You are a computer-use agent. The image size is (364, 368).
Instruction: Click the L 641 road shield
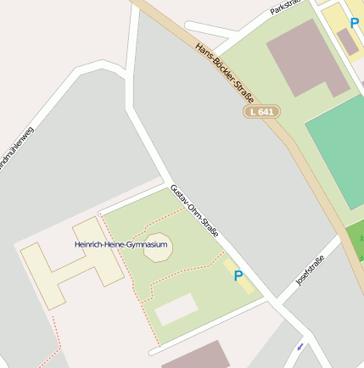[261, 111]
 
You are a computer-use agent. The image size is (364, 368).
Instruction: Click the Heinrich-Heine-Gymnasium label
[121, 245]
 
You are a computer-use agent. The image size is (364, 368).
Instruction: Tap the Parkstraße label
[286, 8]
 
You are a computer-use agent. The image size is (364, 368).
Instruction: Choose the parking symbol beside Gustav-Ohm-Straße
[238, 276]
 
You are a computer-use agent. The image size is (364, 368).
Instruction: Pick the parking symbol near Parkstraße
[355, 23]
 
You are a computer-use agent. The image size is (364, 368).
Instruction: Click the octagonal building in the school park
[158, 248]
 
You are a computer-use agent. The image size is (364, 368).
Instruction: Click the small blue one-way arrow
[300, 346]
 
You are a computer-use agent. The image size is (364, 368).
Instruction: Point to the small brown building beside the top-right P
[347, 41]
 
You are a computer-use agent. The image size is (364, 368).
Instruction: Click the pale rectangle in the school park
[176, 309]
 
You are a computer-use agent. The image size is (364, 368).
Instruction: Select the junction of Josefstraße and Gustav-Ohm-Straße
[274, 301]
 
